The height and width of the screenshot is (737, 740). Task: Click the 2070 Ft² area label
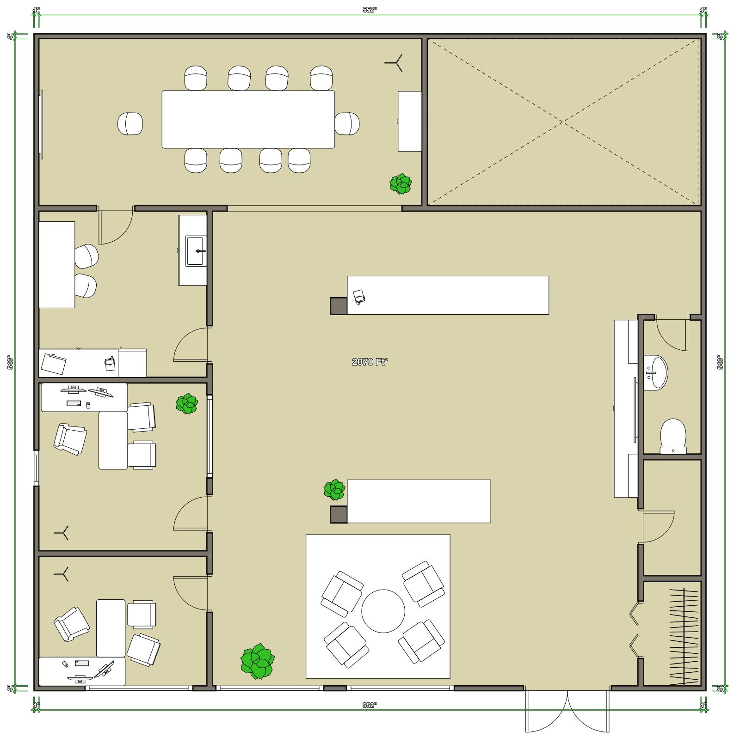click(370, 362)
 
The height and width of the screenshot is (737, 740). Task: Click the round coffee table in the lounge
click(383, 611)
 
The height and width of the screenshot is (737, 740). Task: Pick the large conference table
click(248, 119)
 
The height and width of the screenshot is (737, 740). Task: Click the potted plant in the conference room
click(401, 183)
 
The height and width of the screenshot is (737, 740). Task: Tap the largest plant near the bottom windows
click(257, 661)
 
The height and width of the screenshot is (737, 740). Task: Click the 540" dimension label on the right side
click(720, 362)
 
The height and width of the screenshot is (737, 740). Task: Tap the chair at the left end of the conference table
click(130, 124)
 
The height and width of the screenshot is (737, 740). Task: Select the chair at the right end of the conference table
click(347, 123)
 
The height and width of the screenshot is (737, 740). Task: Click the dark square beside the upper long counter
click(339, 306)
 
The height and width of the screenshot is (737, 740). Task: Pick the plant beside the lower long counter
click(334, 490)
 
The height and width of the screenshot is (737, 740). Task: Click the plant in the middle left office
click(187, 403)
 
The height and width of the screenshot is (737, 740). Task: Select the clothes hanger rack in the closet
click(683, 636)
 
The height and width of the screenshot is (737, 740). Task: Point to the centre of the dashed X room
click(562, 122)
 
